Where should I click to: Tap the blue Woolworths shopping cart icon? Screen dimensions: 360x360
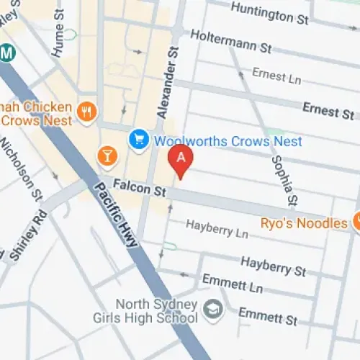click(138, 140)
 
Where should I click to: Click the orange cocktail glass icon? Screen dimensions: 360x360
click(107, 155)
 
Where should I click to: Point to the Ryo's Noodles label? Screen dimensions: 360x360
click(305, 223)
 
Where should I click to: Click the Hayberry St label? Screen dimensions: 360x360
click(273, 265)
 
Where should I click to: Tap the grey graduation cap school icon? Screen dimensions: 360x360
click(212, 310)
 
